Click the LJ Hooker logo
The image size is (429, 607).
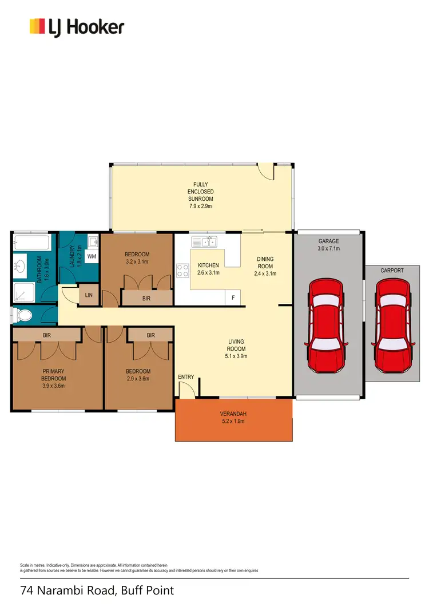point(77,27)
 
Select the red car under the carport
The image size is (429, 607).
point(393,324)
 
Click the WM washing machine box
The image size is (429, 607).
point(92,256)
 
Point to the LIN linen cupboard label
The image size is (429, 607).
point(89,295)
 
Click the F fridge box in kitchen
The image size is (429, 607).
point(233,297)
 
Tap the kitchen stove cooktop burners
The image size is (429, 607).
point(183,270)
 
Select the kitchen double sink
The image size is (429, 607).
point(204,241)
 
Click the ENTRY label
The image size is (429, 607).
point(186,376)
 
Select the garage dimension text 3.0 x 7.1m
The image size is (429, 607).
point(329,249)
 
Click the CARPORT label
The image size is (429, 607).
point(392,270)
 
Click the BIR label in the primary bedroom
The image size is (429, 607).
point(47,335)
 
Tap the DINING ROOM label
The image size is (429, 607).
point(265,263)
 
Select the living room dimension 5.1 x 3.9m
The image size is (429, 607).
point(236,356)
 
